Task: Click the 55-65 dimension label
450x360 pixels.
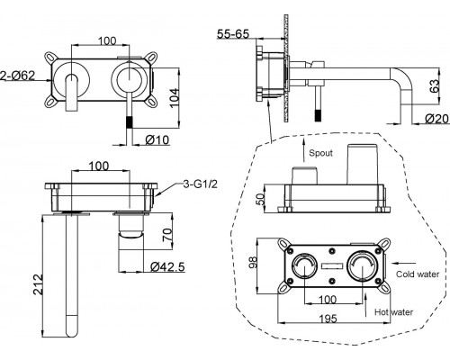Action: point(233,34)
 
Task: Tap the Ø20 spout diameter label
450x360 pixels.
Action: point(437,119)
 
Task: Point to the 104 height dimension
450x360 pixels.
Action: point(174,97)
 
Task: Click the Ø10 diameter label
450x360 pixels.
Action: point(157,139)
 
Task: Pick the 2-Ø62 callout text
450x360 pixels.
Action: point(18,76)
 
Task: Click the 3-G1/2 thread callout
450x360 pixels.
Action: point(200,184)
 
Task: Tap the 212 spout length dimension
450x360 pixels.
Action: point(39,284)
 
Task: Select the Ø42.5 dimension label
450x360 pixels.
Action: point(167,266)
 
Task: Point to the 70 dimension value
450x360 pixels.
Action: point(167,235)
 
